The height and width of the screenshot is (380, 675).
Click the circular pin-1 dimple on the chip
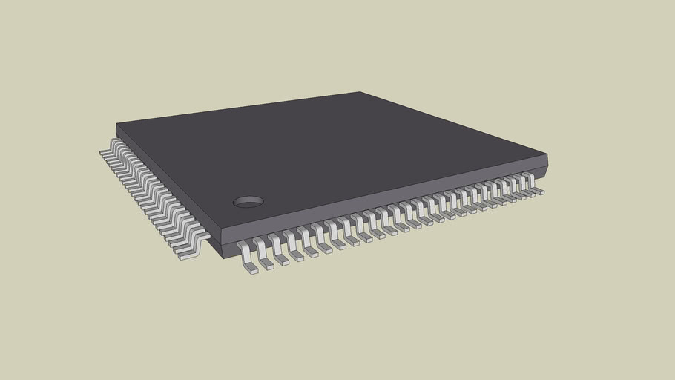[248, 201]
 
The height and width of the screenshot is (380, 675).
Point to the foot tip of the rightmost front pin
[539, 191]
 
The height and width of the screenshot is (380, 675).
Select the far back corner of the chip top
[360, 93]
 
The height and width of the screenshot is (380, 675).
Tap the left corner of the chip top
[117, 124]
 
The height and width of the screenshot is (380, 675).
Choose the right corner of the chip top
[546, 154]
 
